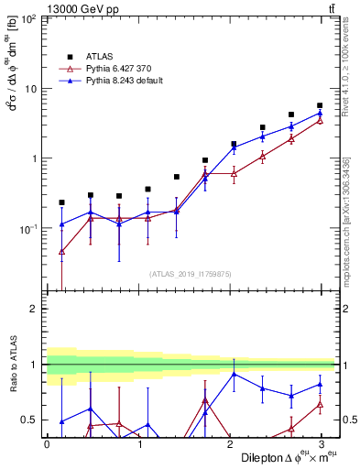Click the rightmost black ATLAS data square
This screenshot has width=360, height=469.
(320, 106)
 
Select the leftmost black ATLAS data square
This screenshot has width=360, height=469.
(61, 202)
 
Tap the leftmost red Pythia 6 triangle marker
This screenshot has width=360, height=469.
(61, 251)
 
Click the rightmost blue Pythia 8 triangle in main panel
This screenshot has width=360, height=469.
(320, 114)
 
